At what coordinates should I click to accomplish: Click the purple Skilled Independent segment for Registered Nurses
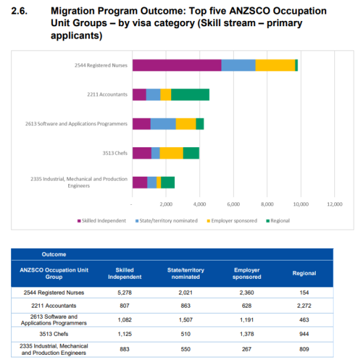(x=177, y=65)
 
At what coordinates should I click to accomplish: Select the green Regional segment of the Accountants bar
(x=190, y=94)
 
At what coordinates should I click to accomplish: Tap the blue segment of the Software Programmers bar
(x=163, y=124)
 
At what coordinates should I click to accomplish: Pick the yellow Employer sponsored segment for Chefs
(x=172, y=153)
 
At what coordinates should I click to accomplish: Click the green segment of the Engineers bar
(x=168, y=183)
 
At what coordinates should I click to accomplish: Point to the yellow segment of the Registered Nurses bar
(x=275, y=65)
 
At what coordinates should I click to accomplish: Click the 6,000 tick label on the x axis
(x=233, y=204)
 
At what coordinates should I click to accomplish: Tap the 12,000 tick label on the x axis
(x=335, y=204)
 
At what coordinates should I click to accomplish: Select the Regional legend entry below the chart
(x=278, y=221)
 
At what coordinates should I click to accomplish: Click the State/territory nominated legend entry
(x=166, y=221)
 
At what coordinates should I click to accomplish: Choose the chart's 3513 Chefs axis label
(x=115, y=153)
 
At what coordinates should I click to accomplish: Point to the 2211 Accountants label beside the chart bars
(x=107, y=94)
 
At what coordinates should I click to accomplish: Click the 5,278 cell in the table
(x=124, y=293)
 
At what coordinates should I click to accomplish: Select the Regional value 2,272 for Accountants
(x=304, y=306)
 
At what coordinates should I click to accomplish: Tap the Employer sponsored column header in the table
(x=247, y=274)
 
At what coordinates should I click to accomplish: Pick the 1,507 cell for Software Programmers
(x=185, y=320)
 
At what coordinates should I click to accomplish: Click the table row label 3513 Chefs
(x=54, y=334)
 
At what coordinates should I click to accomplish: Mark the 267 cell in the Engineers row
(x=247, y=349)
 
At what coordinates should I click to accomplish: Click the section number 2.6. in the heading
(x=19, y=11)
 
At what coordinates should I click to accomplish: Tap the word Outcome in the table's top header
(x=54, y=255)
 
